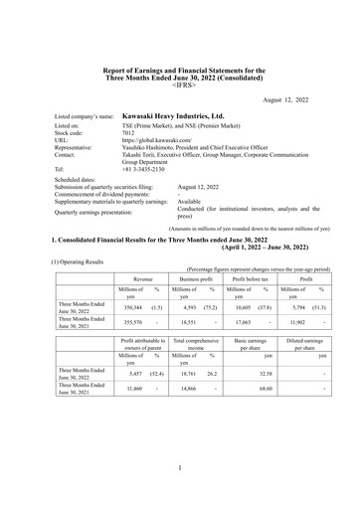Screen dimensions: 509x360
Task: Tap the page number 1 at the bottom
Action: click(179, 466)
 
